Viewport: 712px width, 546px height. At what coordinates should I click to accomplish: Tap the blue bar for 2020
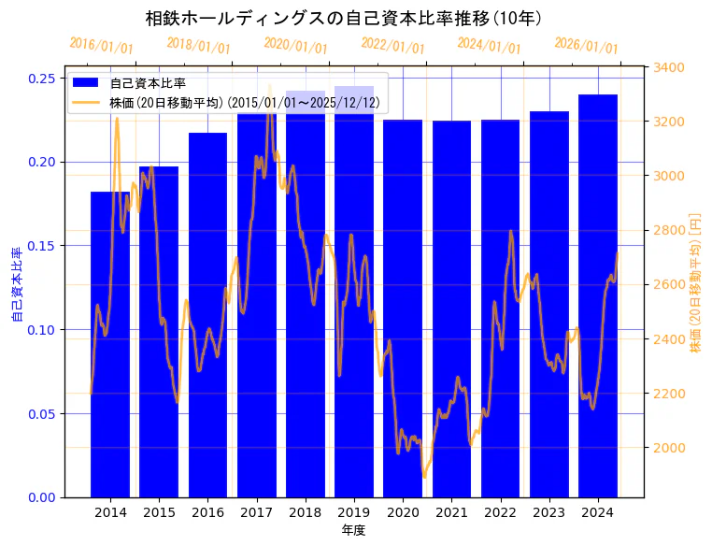(x=403, y=309)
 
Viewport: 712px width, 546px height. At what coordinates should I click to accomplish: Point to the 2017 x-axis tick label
(x=256, y=512)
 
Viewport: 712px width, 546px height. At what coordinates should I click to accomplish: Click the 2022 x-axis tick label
(x=500, y=512)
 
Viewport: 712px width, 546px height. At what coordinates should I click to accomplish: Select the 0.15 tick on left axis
(x=42, y=246)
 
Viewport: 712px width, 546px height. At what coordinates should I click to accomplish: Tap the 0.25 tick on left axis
(x=42, y=78)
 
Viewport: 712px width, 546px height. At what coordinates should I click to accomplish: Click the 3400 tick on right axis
(x=669, y=67)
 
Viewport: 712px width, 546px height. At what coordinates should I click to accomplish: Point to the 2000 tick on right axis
(x=669, y=448)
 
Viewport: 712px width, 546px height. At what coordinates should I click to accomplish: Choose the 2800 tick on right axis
(x=669, y=230)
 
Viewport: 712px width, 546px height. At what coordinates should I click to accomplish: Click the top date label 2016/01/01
(x=101, y=46)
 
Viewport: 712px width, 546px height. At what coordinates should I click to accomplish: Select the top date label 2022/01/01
(x=392, y=46)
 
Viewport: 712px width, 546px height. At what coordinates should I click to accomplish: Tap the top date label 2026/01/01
(x=586, y=46)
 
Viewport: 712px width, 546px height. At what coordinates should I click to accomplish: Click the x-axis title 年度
(x=353, y=530)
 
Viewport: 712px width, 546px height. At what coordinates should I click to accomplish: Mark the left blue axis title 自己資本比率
(x=16, y=284)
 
